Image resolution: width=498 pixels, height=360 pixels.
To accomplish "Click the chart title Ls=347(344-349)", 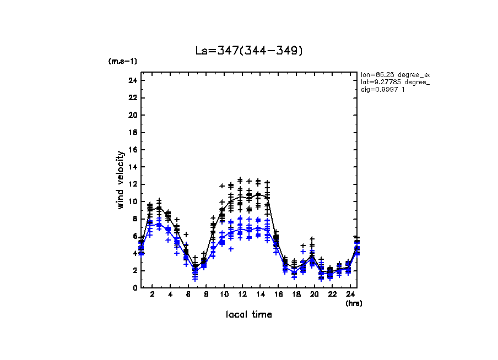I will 249,51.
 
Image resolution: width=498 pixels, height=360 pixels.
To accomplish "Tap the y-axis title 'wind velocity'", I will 120,180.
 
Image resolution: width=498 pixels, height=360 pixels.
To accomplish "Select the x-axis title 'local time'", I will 248,315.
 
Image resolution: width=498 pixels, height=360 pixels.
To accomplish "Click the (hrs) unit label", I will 353,303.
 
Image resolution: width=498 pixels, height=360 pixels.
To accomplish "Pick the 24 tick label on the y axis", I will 132,80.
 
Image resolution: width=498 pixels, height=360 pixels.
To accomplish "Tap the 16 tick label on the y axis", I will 132,150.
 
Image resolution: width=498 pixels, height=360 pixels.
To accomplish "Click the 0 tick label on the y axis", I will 134,288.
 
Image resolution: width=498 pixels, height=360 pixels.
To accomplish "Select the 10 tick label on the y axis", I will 132,201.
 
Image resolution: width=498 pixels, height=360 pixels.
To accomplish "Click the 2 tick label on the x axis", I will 152,295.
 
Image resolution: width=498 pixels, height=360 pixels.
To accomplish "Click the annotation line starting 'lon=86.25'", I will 394,74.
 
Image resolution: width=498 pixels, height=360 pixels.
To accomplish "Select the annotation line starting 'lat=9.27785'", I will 394,82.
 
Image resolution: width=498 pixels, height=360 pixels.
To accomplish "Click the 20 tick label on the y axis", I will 132,115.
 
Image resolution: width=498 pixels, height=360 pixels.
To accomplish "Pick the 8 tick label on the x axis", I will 206,295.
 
